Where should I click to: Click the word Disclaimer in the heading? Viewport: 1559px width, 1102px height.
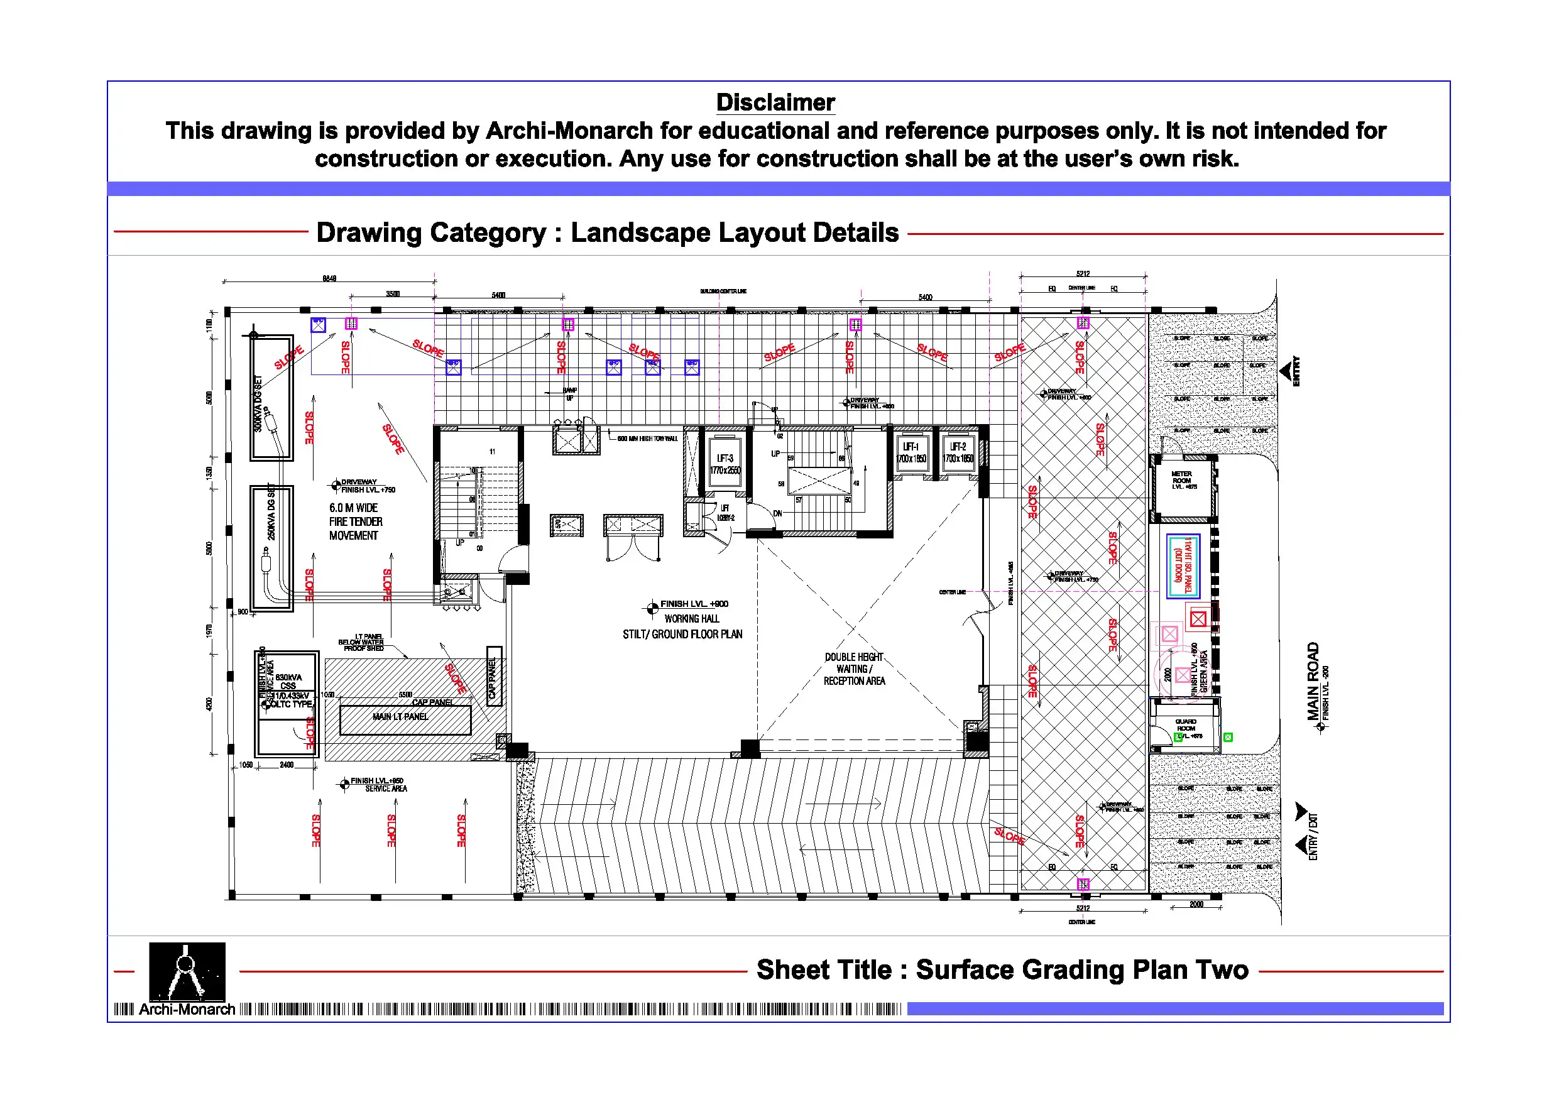click(x=775, y=102)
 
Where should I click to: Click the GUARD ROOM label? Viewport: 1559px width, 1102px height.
click(x=1186, y=725)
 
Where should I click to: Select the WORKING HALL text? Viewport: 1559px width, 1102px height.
click(x=691, y=619)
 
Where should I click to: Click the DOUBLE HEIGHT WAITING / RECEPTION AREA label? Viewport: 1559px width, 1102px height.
click(x=854, y=670)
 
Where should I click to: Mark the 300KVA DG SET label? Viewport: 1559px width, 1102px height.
click(x=258, y=403)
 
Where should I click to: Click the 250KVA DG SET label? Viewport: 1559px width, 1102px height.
click(x=271, y=513)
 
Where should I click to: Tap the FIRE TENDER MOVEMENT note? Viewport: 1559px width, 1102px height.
click(x=355, y=521)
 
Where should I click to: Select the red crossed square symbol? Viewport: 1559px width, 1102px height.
click(x=1198, y=619)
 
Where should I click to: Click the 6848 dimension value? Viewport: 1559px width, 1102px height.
click(x=329, y=278)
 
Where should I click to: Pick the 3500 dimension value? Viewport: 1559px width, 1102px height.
click(x=393, y=294)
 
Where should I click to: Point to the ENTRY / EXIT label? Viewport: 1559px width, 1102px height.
click(x=1313, y=836)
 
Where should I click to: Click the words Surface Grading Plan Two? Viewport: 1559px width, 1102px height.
click(x=1081, y=969)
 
